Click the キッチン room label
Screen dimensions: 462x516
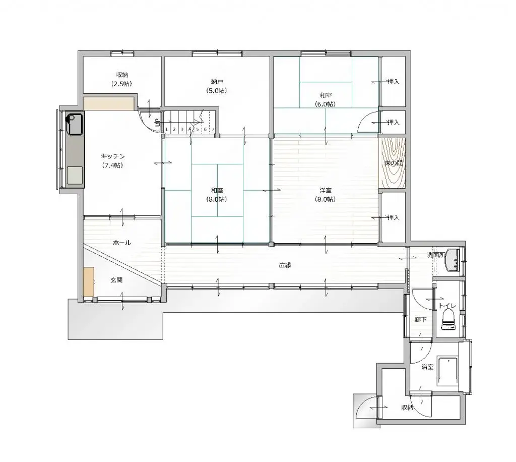109,157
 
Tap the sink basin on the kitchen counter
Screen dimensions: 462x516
75,124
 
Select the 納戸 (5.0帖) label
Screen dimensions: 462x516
217,86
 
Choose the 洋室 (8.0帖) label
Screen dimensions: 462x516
326,194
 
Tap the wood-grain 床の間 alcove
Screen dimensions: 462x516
392,163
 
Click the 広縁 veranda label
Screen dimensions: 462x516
285,265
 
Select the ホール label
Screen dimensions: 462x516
121,243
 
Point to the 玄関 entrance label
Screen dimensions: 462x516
116,280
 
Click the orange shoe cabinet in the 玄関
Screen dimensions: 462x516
89,282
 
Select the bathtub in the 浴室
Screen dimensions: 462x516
448,370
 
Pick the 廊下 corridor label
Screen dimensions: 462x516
420,319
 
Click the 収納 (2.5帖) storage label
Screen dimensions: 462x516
121,79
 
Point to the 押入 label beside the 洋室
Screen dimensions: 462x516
393,217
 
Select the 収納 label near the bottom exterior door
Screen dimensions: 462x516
407,408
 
